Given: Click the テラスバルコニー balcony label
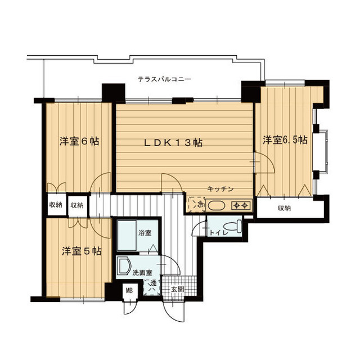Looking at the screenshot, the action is point(164,80).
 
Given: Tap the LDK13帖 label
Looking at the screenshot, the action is point(173,143).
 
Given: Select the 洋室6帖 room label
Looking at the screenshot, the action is point(79,141).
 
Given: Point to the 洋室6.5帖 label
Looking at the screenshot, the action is point(285,140).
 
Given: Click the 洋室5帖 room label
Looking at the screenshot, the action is point(82,251).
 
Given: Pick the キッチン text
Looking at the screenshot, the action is point(220,189).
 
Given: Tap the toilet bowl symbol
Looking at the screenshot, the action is point(233,226).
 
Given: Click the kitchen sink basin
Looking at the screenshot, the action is point(217,205).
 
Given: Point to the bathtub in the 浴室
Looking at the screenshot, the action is point(127,236).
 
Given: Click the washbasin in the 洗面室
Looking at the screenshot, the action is point(124,265).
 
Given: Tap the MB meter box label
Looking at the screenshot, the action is point(129,291).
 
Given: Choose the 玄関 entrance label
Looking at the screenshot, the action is point(178,289).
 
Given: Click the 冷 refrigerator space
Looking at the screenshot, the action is point(197,204).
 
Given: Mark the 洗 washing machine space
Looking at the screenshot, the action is point(152,287).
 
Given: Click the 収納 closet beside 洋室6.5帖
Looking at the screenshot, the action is point(285,208).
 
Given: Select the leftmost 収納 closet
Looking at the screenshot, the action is point(56,205).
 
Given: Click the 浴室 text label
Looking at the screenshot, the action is point(145,233).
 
